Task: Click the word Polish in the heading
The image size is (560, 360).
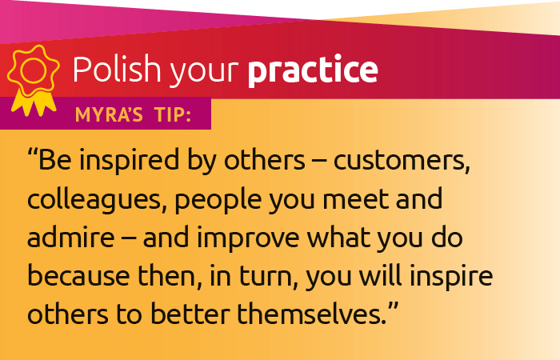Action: [x=117, y=69]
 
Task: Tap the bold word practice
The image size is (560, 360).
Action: [x=313, y=70]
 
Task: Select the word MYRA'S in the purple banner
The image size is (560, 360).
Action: [x=109, y=115]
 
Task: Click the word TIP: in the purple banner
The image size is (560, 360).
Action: [x=174, y=115]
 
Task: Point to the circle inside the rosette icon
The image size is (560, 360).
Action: [x=33, y=70]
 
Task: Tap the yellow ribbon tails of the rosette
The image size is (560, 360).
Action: [x=34, y=103]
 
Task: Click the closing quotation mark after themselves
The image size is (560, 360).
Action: [x=393, y=306]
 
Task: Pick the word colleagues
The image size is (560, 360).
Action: [x=94, y=200]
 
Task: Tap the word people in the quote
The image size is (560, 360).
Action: [x=218, y=201]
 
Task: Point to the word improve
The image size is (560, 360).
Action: [x=247, y=238]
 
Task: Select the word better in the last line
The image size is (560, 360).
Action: [x=193, y=314]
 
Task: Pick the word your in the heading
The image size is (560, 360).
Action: [x=204, y=73]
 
